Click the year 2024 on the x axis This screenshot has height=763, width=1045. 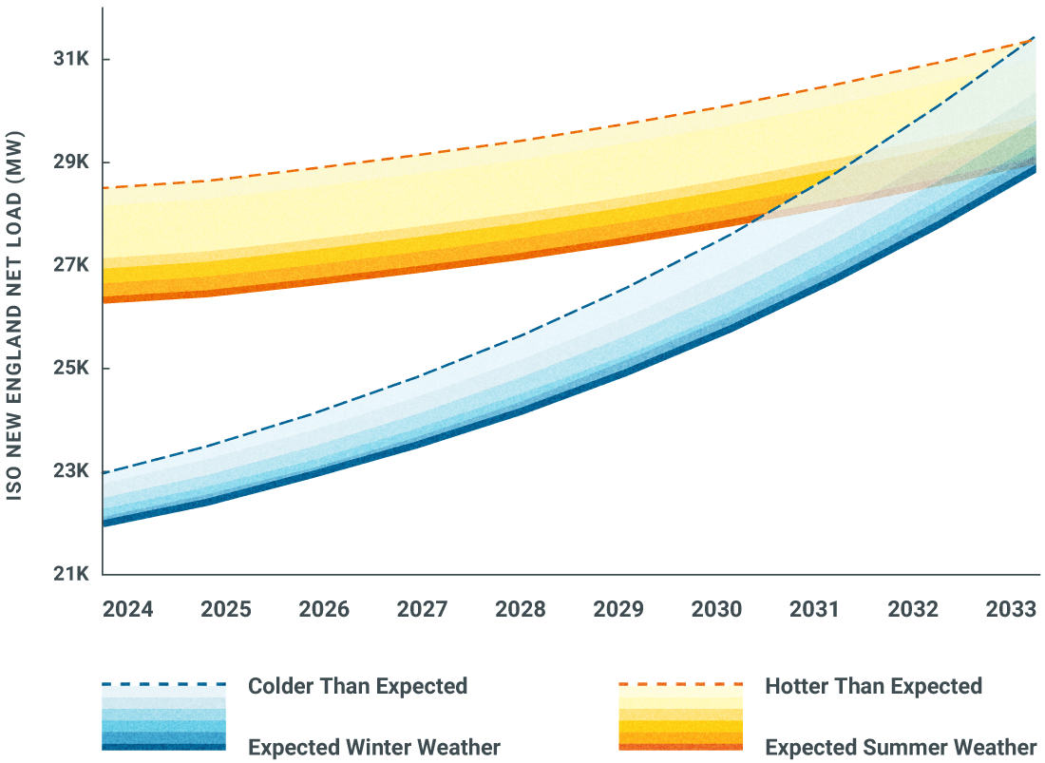point(128,609)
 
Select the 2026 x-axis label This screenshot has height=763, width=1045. point(325,609)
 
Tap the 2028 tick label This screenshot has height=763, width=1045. point(521,609)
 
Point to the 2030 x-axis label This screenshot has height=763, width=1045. point(717,609)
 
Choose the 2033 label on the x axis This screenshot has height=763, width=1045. point(1012,609)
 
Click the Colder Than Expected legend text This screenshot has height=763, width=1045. point(357,686)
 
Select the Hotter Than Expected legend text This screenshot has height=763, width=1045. point(873,686)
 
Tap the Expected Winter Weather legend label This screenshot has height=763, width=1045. point(373,747)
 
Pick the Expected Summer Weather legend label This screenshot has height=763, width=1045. point(901,747)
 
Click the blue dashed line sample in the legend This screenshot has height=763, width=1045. point(164,684)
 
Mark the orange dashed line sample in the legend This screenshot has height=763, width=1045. point(680,684)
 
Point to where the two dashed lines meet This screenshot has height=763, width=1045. point(1032,40)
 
